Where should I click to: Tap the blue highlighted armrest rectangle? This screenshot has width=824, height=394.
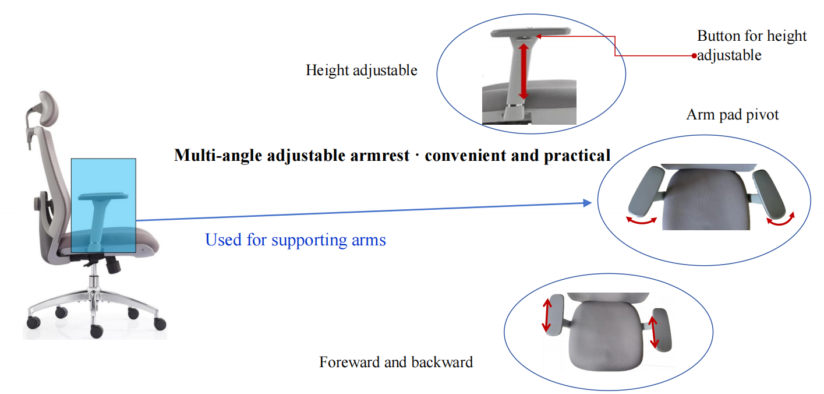click(104, 206)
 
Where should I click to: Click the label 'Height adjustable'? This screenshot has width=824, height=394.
click(361, 71)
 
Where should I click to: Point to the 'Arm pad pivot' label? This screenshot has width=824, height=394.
click(732, 114)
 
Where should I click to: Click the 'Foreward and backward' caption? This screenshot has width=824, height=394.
click(396, 362)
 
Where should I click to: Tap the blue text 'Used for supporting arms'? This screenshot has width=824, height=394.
click(295, 240)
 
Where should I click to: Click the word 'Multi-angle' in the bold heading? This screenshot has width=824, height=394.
click(218, 155)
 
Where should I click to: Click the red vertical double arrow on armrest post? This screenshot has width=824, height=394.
click(524, 72)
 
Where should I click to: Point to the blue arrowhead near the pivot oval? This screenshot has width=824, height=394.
click(588, 203)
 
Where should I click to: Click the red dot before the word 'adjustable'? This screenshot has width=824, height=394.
click(694, 56)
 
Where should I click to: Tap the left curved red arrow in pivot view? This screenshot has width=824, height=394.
click(642, 220)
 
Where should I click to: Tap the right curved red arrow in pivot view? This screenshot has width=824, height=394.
click(780, 219)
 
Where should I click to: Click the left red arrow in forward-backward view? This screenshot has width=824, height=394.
click(547, 315)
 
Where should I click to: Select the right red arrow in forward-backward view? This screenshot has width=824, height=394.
click(653, 332)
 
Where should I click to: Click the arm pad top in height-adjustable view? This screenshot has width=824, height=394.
click(531, 33)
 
